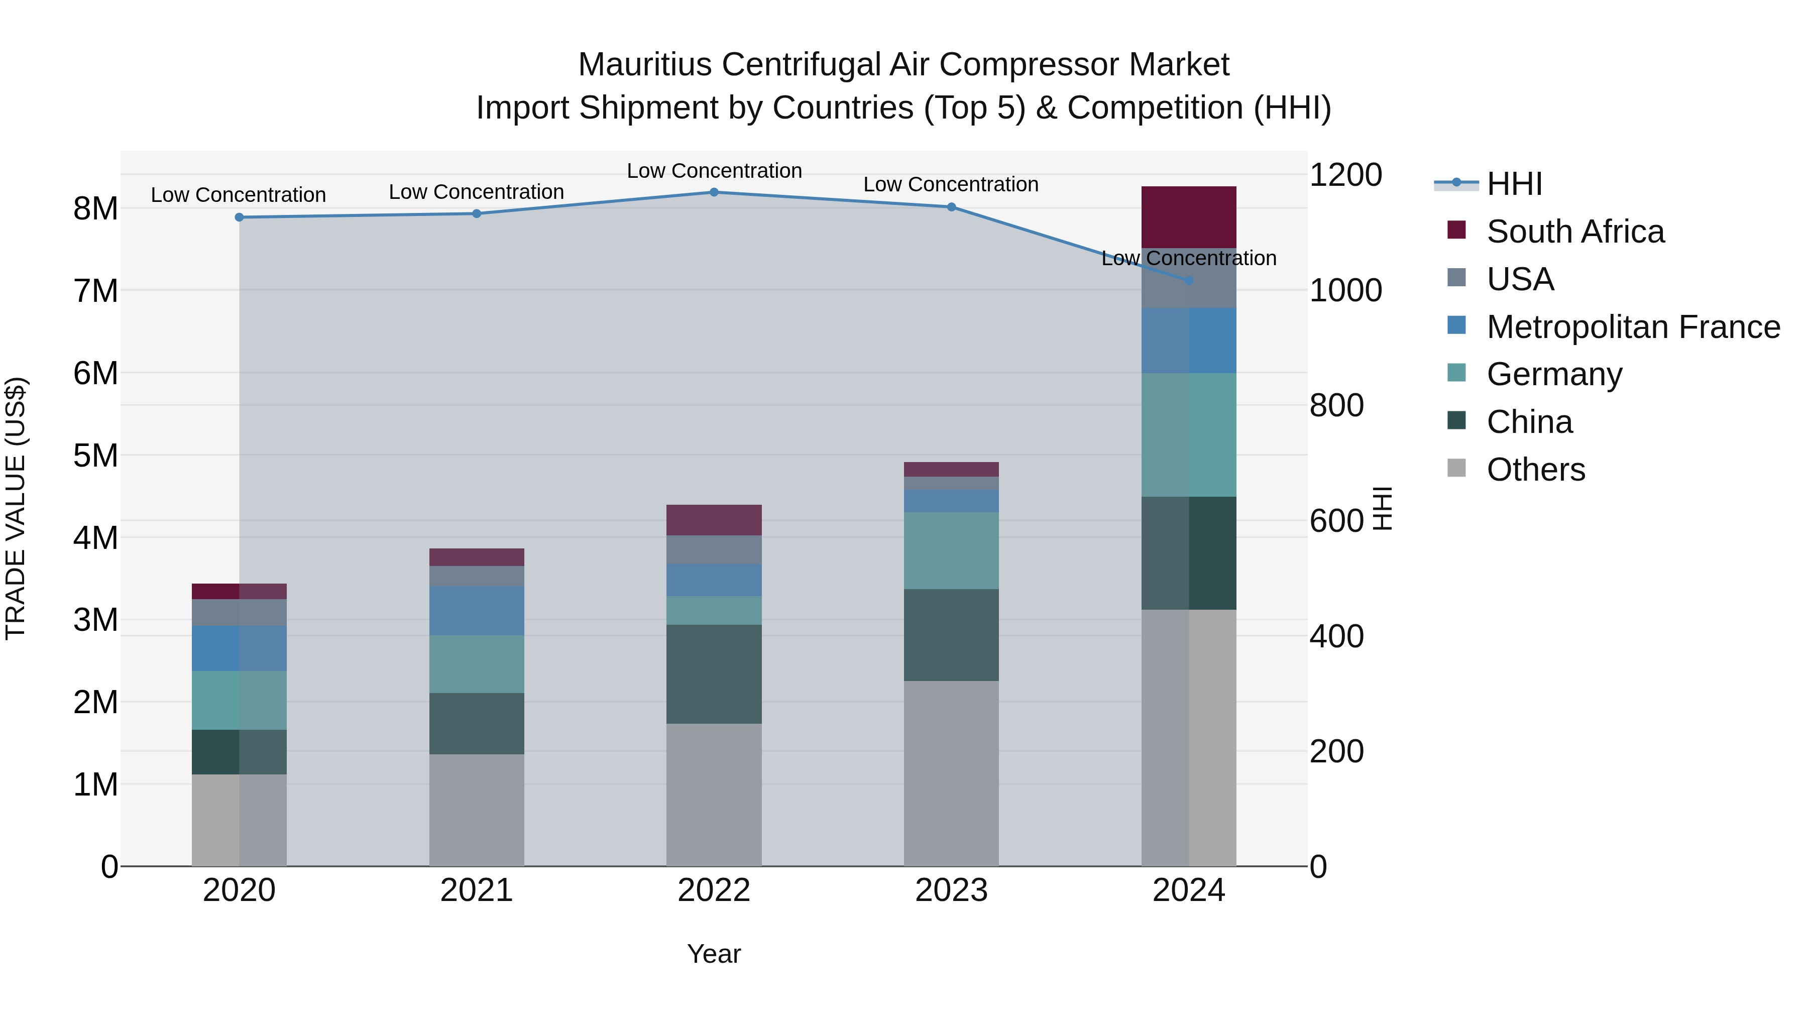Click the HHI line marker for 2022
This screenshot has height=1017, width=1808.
click(x=714, y=192)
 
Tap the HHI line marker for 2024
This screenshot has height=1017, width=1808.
click(x=1189, y=281)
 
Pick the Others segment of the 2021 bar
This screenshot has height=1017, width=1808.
click(x=477, y=810)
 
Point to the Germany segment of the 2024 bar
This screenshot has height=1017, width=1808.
click(x=1189, y=434)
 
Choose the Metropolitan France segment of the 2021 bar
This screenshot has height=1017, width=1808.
click(x=477, y=611)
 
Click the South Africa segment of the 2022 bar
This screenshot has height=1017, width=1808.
click(x=714, y=520)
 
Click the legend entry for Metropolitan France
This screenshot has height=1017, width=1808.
click(x=1633, y=327)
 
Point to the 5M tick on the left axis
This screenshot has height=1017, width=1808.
click(x=96, y=456)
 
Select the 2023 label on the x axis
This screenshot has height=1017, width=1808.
click(x=951, y=890)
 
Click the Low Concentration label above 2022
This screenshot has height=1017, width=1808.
click(x=714, y=171)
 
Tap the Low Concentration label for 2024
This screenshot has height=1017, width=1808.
click(x=1189, y=258)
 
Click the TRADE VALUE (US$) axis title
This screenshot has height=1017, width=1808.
click(x=16, y=508)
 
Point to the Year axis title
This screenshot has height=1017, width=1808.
click(x=714, y=954)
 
